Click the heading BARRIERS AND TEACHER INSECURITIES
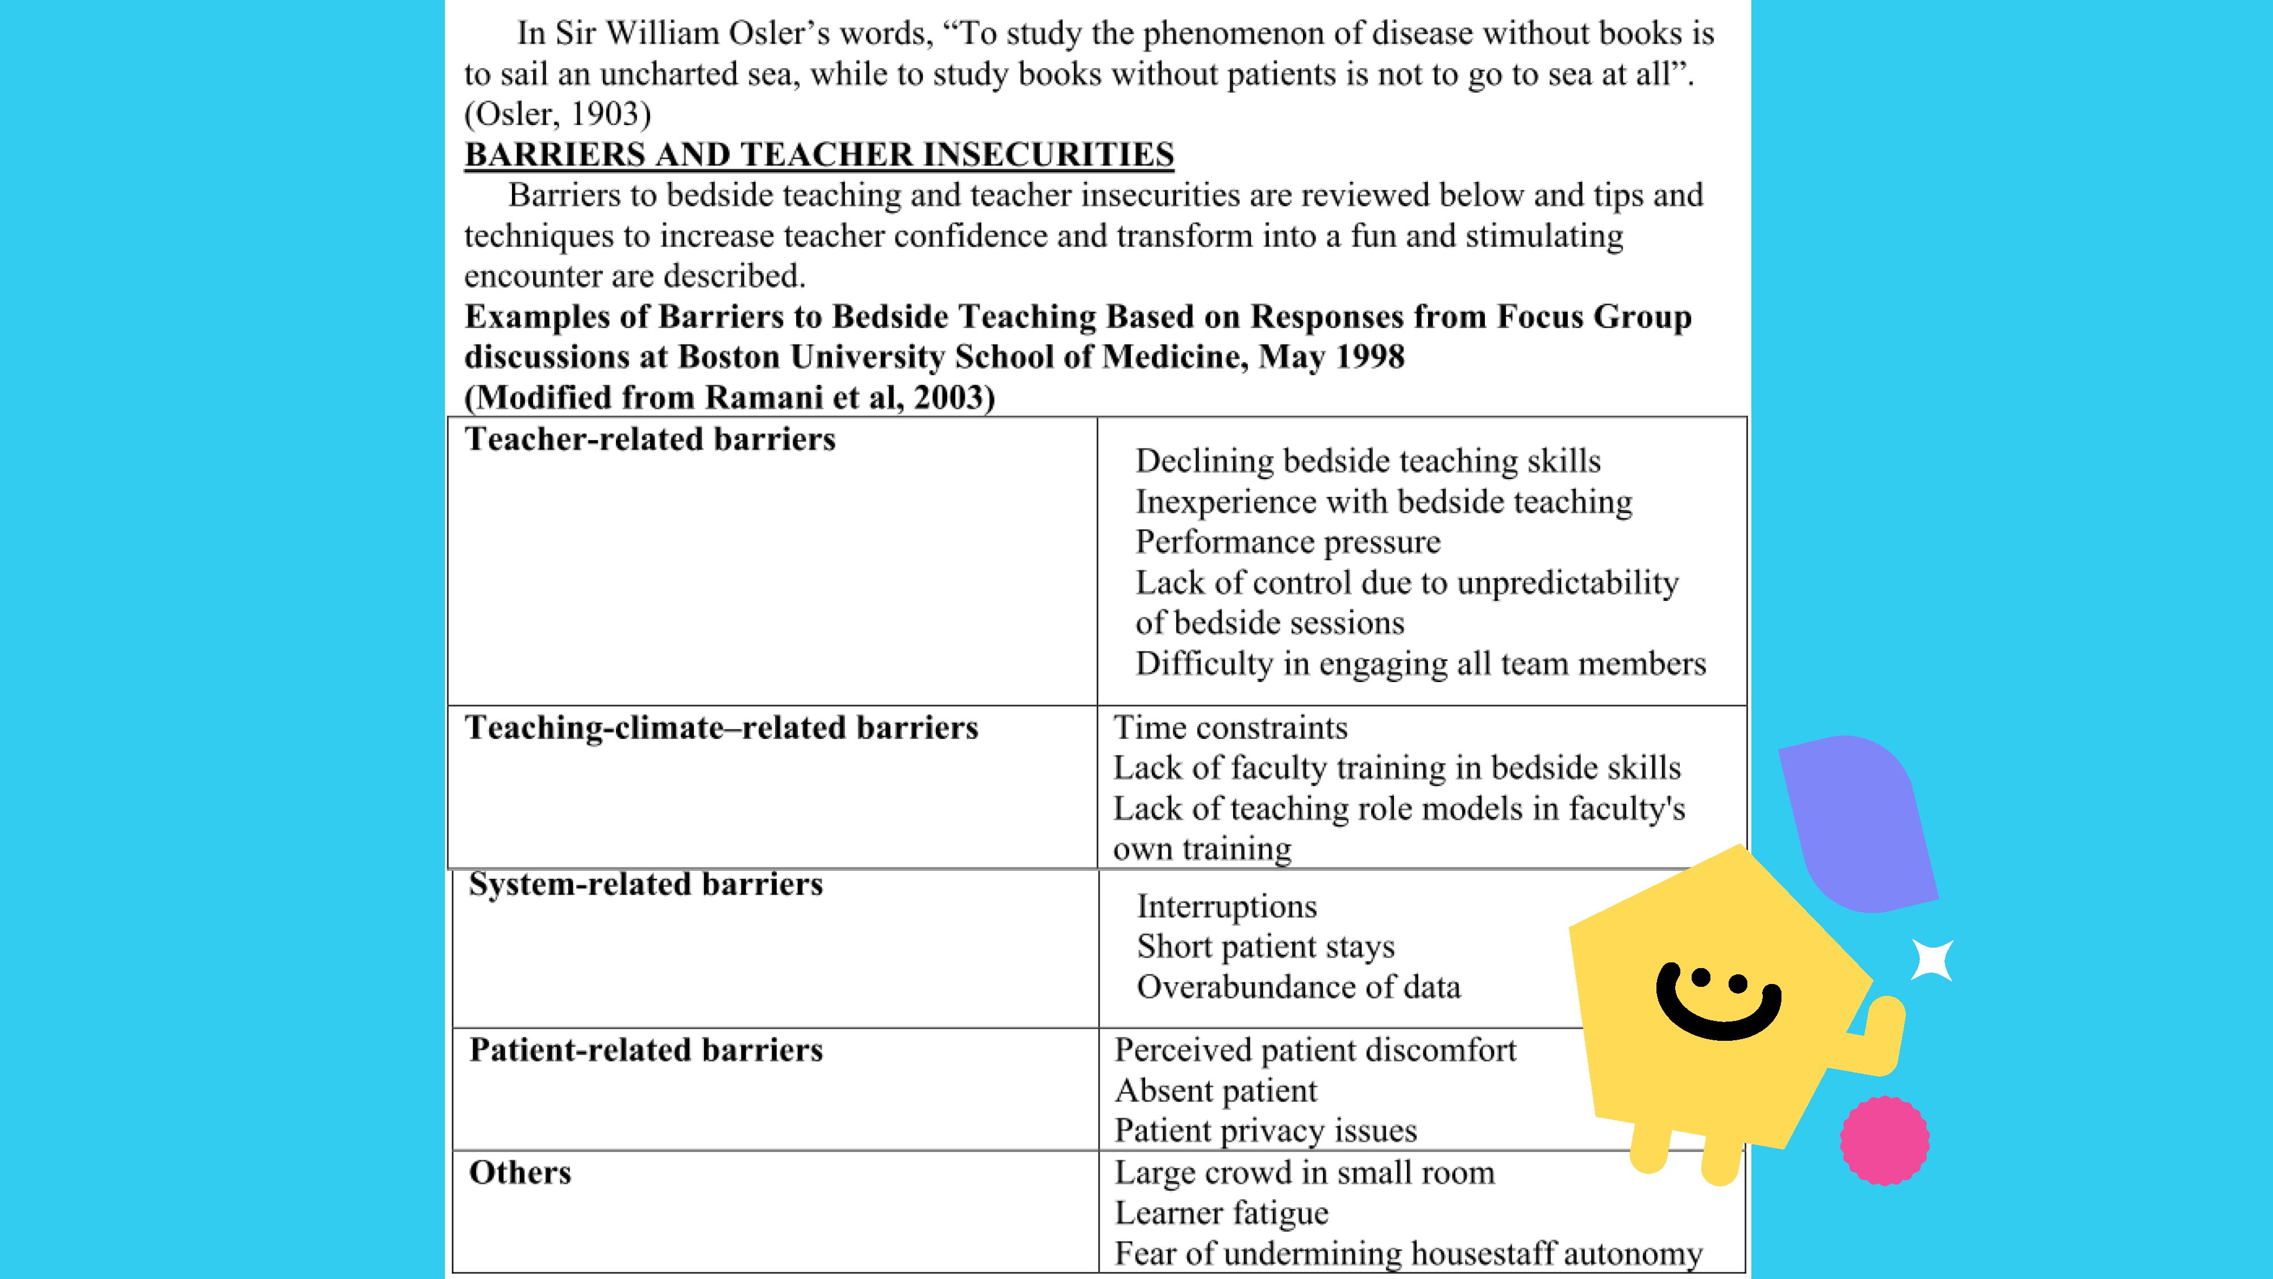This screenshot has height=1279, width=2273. pos(819,155)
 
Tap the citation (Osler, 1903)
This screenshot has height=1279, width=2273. pos(557,114)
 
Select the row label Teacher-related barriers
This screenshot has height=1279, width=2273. pos(650,439)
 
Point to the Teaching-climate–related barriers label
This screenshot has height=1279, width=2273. pos(721,728)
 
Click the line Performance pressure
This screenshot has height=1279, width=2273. pos(1288,542)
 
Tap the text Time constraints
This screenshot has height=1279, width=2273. pos(1230,728)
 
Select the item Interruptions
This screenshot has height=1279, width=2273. pos(1226,907)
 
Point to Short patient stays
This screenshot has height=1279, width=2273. pos(1265,946)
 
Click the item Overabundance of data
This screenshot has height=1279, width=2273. pos(1298,987)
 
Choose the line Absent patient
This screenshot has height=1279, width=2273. pos(1215,1091)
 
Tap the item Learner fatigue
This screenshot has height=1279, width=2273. pos(1221,1213)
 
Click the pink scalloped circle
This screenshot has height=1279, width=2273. pos(1884,1140)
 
